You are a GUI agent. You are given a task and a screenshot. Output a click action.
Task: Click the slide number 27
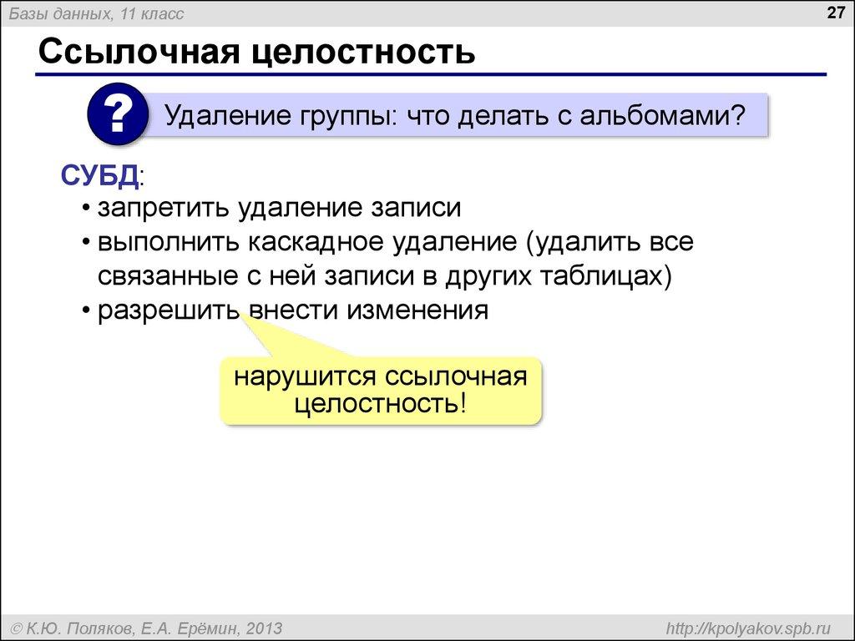[x=836, y=13]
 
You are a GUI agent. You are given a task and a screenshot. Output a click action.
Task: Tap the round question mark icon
[x=117, y=114]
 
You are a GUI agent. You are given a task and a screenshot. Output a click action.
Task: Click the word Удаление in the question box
[x=223, y=115]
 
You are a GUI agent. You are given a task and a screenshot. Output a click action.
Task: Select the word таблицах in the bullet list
[x=600, y=276]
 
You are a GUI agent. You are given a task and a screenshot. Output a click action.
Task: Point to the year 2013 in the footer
[x=264, y=628]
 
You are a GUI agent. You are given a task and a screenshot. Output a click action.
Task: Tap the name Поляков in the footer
[x=104, y=628]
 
